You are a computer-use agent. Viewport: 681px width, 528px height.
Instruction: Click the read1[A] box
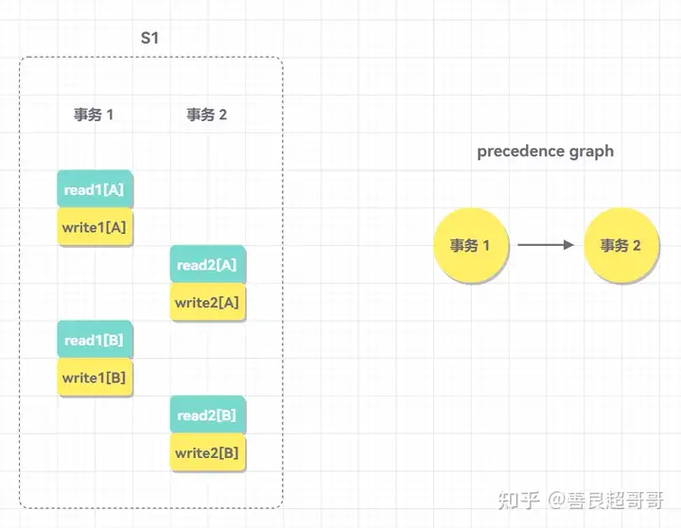(95, 189)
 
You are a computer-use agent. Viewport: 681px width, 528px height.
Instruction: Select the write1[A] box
(95, 227)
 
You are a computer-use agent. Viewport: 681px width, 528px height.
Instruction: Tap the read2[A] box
(207, 264)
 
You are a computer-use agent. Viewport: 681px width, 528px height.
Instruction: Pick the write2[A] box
(207, 302)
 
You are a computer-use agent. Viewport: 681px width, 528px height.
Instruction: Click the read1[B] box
(95, 340)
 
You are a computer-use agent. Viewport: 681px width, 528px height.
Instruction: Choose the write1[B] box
(95, 378)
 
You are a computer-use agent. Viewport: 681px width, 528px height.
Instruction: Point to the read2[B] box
(207, 414)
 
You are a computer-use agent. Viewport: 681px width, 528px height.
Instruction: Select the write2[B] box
(207, 452)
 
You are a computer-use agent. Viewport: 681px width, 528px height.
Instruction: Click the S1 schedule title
(149, 38)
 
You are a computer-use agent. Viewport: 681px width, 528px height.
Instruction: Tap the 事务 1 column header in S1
(94, 114)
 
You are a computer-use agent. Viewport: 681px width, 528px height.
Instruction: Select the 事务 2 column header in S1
(207, 114)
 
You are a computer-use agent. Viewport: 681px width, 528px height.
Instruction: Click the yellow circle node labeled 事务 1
(471, 245)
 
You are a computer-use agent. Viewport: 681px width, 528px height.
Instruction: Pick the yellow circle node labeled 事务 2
(621, 245)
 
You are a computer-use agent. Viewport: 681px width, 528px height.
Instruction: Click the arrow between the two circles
(546, 245)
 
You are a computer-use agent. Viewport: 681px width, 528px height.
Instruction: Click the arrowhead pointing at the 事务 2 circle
(569, 245)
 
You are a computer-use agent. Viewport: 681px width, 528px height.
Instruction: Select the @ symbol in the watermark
(557, 501)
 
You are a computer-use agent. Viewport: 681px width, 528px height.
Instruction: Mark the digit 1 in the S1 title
(155, 38)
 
